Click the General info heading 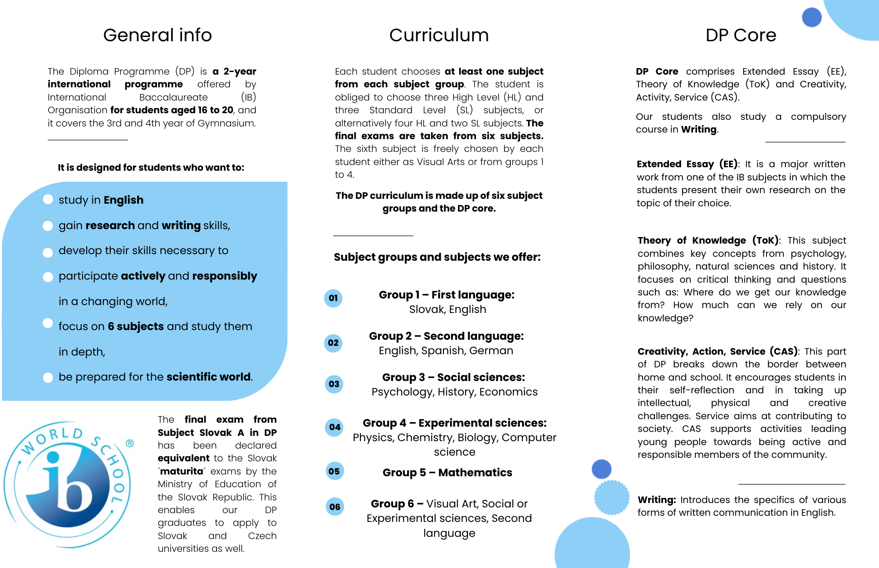(x=157, y=35)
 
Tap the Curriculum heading (x=439, y=35)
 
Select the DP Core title (x=741, y=35)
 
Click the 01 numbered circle (x=333, y=298)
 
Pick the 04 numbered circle (x=334, y=427)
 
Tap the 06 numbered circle (x=334, y=507)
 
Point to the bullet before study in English (x=48, y=200)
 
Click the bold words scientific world (x=209, y=377)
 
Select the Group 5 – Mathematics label (x=447, y=472)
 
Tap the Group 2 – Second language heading (x=446, y=336)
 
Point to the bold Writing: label (x=657, y=500)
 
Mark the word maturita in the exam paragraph (x=182, y=471)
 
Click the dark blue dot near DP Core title (x=811, y=18)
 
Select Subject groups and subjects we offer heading (x=437, y=257)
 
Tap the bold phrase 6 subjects (x=136, y=327)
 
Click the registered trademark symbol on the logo (x=130, y=443)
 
